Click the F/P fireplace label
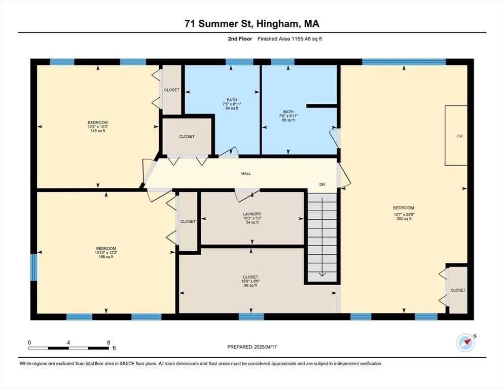click(x=460, y=136)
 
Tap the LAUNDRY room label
click(x=252, y=214)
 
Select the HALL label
click(x=246, y=173)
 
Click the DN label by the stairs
click(x=322, y=184)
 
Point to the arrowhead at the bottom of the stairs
click(x=322, y=275)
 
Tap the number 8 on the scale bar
click(x=109, y=342)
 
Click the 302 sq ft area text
click(x=404, y=219)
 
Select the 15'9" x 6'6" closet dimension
click(x=250, y=281)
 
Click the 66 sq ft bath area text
click(x=289, y=120)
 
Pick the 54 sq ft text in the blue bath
click(x=232, y=108)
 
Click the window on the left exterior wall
click(x=34, y=267)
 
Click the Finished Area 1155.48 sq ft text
click(x=290, y=39)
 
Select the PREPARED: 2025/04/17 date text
click(x=252, y=347)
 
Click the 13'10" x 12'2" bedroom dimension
click(x=106, y=252)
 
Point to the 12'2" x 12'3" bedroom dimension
click(x=98, y=127)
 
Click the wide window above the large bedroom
click(x=404, y=62)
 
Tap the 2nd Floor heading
click(x=240, y=39)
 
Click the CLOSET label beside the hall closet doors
click(x=187, y=137)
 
